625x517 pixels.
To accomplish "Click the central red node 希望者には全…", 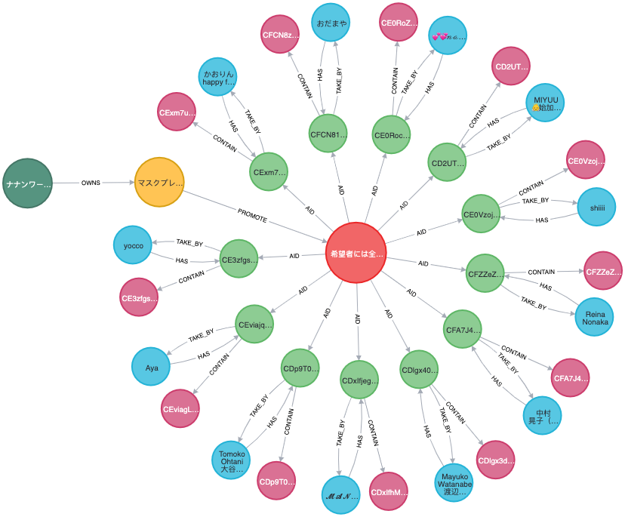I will [x=356, y=253].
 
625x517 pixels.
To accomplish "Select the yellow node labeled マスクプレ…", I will [x=159, y=183].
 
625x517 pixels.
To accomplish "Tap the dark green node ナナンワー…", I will [x=28, y=183].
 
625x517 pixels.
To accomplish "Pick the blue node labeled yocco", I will [x=133, y=245].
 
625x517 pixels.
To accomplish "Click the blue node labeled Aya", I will [x=152, y=368].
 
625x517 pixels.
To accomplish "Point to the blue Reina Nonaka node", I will [x=594, y=315].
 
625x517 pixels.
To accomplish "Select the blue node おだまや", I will [x=331, y=23].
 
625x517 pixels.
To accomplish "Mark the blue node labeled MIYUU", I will [x=545, y=103].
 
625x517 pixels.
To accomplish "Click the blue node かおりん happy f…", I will [x=219, y=78].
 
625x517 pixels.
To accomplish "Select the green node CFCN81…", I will [x=328, y=135].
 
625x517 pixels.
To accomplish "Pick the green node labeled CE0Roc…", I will [x=393, y=136].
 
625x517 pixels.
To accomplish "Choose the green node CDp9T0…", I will [x=300, y=369].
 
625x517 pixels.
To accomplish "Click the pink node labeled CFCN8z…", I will [x=281, y=35].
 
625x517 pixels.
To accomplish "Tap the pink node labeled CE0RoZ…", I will [x=398, y=23].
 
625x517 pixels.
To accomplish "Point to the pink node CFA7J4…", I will [x=571, y=378].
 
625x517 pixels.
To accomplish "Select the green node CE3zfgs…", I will [x=239, y=259].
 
